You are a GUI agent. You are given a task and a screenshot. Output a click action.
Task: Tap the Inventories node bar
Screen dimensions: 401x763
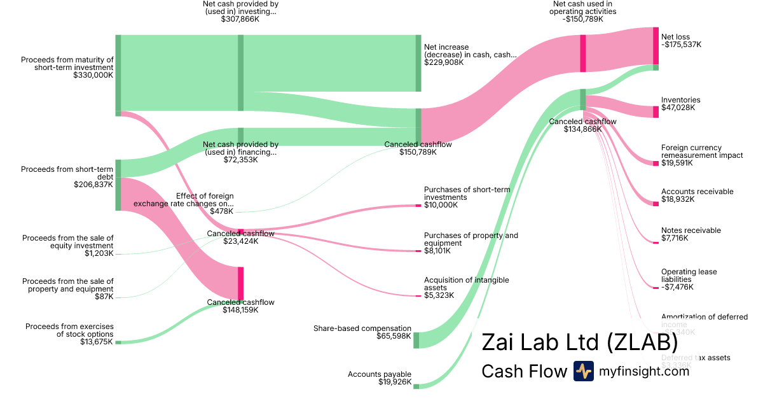tap(656, 112)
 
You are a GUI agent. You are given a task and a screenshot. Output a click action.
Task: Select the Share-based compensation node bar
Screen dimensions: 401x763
tap(416, 340)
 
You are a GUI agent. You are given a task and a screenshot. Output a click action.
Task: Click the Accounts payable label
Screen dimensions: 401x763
tap(380, 374)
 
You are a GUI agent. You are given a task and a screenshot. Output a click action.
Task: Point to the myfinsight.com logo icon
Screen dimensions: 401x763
tap(584, 371)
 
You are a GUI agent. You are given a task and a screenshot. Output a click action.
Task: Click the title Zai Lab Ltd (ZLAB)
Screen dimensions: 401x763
tap(579, 342)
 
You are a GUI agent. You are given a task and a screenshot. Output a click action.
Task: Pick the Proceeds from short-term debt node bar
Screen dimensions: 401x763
tap(118, 185)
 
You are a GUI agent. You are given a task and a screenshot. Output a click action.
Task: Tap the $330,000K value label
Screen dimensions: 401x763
tap(93, 75)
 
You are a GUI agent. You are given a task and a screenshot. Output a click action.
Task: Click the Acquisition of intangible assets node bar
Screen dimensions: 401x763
tap(418, 296)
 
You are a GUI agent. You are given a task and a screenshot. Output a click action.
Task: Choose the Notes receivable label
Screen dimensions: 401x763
tap(691, 230)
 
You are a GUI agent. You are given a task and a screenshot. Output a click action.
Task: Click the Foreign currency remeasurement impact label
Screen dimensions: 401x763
tap(702, 151)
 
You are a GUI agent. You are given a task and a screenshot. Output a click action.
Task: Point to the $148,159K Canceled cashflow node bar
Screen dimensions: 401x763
tap(240, 283)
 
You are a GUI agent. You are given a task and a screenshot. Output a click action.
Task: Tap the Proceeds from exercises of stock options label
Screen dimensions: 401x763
tap(69, 330)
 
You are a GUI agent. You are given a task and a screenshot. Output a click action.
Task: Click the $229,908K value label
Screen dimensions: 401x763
tap(444, 62)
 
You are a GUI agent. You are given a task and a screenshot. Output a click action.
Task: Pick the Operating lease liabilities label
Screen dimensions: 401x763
tap(689, 276)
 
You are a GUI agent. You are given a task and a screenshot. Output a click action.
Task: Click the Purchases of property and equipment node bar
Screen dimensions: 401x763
tap(418, 251)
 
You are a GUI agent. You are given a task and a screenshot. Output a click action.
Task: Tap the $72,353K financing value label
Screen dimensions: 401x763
tap(240, 160)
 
